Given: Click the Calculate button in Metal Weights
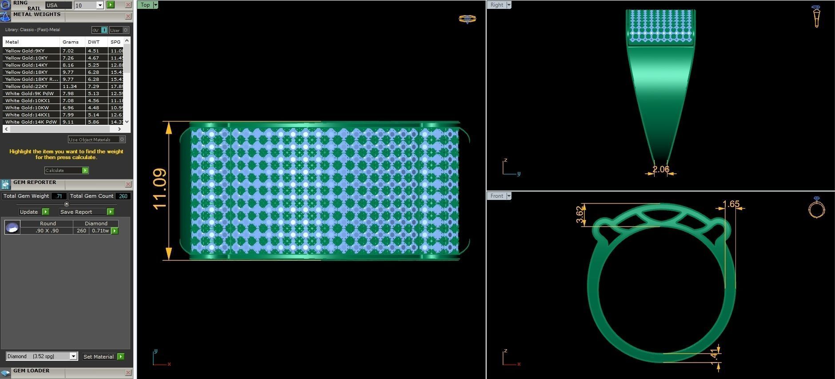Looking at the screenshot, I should coord(66,171).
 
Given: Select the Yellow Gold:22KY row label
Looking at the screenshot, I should coord(27,87).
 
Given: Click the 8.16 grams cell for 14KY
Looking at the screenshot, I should coord(68,65).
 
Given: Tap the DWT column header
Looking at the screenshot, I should coord(94,42).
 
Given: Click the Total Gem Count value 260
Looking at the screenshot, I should coord(123,196).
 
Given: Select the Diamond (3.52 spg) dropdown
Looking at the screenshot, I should coord(42,356).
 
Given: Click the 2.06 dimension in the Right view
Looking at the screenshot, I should coord(661,169).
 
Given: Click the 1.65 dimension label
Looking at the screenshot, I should coord(731,204).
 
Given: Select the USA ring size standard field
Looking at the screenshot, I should coord(58,5).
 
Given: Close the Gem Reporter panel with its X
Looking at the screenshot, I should coord(128,184).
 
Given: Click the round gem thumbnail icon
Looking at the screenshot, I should coord(12,227).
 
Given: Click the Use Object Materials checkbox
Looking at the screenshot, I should coord(122,140).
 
